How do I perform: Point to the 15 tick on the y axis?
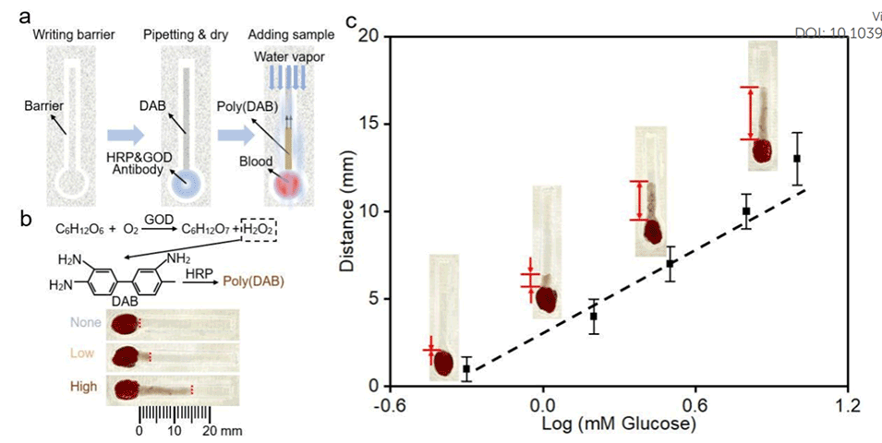click(x=369, y=124)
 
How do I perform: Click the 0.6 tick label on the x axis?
click(x=695, y=404)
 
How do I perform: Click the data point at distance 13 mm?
click(x=796, y=159)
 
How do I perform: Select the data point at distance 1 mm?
click(x=466, y=368)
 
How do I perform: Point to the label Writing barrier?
click(x=62, y=36)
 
